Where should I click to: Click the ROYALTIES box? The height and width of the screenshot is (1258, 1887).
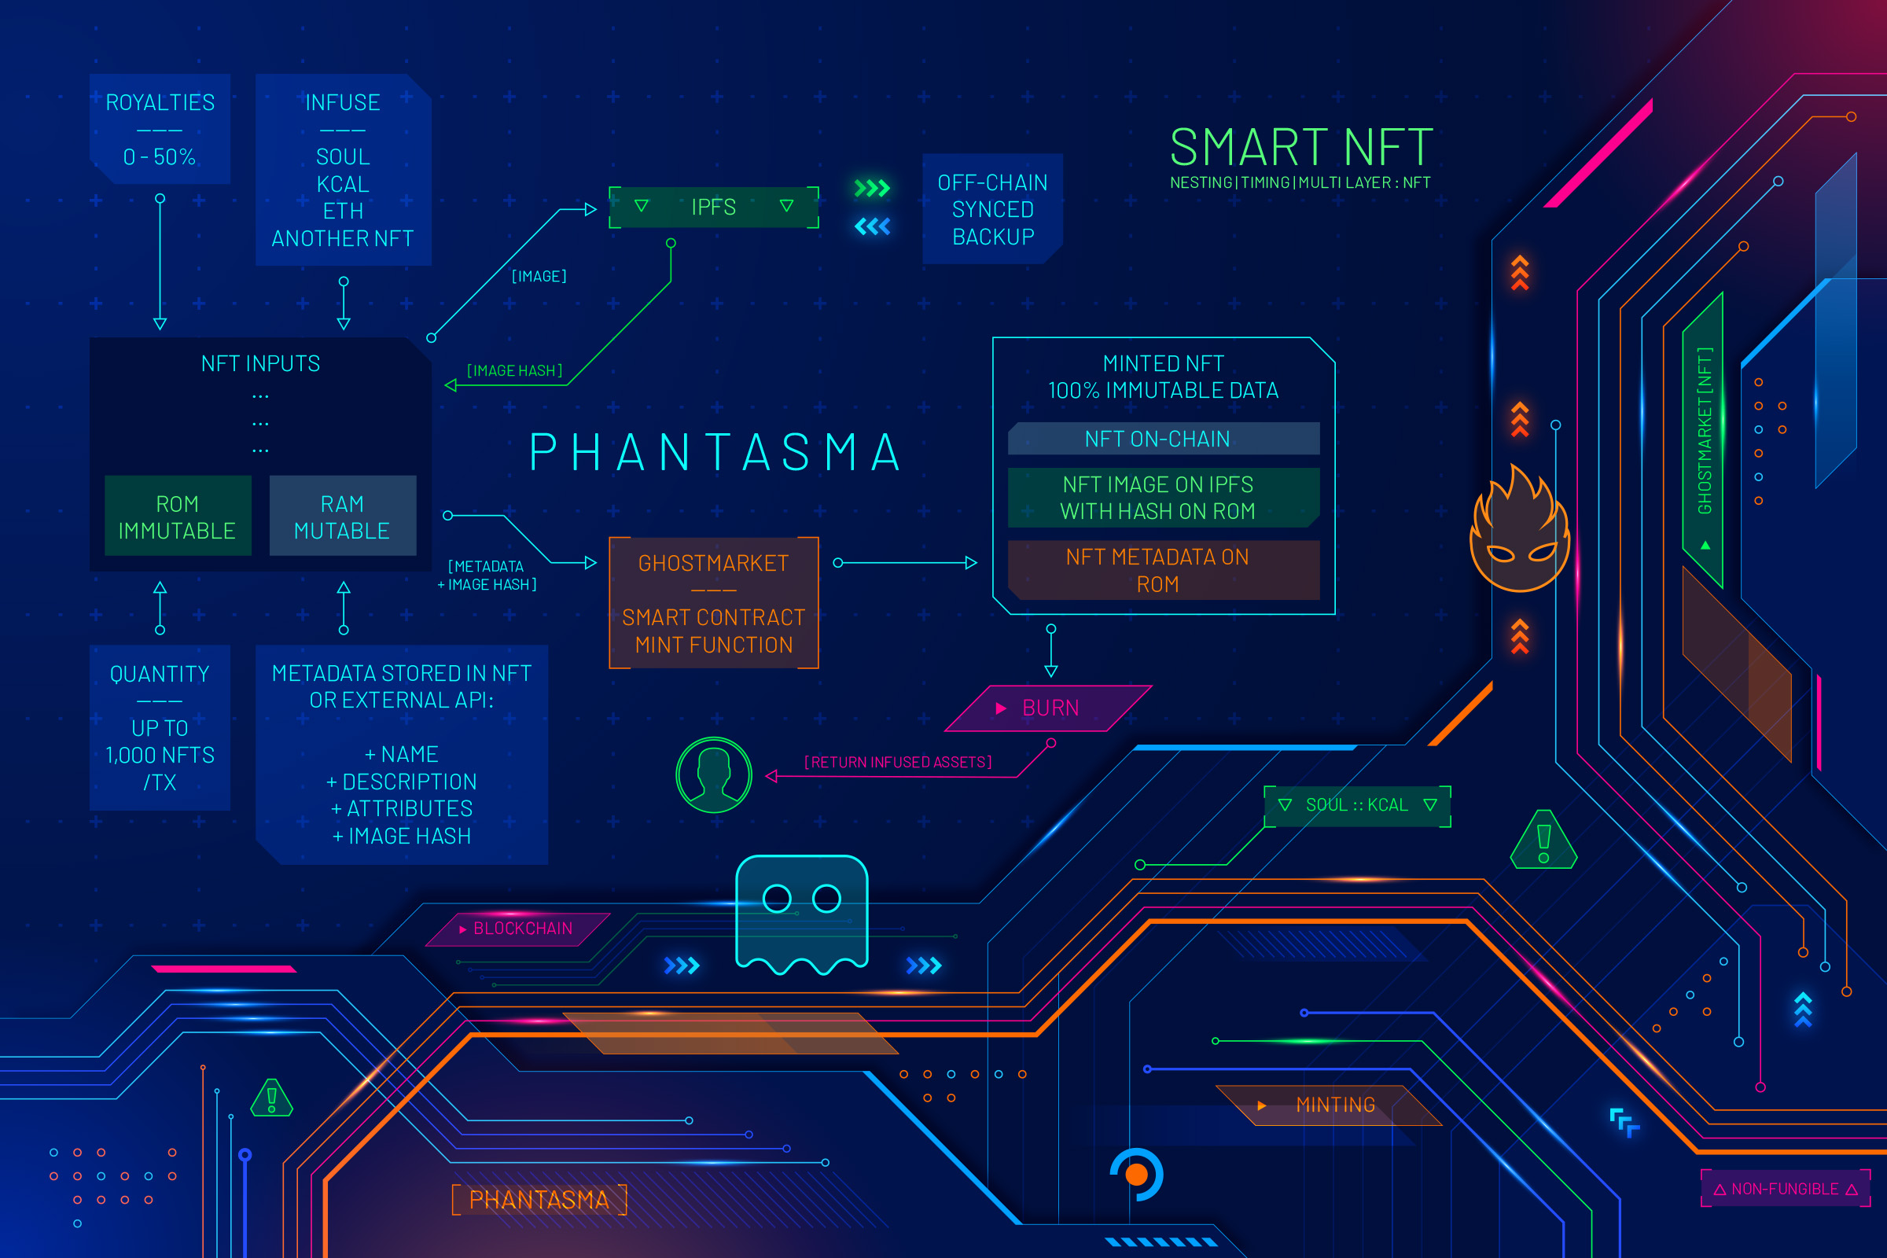(160, 128)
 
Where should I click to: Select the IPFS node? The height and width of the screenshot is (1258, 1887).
(713, 207)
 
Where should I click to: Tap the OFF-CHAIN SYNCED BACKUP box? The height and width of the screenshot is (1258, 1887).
(992, 209)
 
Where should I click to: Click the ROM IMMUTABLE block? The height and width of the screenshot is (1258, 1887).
(178, 517)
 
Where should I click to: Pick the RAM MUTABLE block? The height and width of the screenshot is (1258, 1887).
(343, 517)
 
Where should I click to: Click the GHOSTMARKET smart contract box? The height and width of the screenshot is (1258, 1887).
(713, 603)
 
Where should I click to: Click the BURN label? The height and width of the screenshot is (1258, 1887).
(1049, 708)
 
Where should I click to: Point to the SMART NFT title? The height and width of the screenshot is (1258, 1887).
(1300, 149)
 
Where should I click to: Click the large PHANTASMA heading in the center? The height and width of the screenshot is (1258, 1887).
(715, 453)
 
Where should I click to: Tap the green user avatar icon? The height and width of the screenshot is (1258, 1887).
(713, 775)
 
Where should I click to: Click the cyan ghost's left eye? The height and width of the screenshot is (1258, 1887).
(777, 899)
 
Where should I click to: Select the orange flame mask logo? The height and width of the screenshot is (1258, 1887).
(1519, 533)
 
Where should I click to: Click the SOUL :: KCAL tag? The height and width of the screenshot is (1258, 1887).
(1357, 804)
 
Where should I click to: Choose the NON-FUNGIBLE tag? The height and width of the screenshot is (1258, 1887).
(1785, 1188)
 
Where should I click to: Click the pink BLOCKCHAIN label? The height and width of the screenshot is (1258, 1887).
(521, 929)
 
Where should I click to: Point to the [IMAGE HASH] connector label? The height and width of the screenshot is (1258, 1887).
(515, 370)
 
